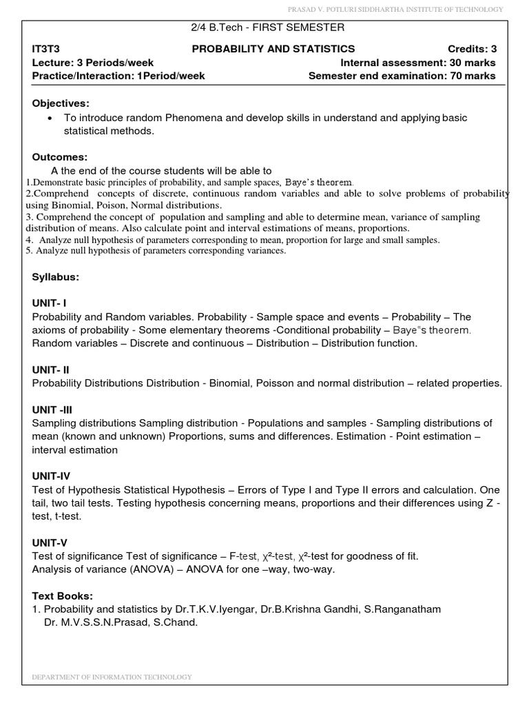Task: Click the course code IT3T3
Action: click(x=46, y=49)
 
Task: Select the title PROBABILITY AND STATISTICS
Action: click(x=273, y=49)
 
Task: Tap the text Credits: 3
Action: click(x=471, y=49)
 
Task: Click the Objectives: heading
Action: click(x=61, y=103)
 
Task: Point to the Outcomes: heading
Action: click(x=60, y=158)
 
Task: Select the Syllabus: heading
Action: click(x=56, y=277)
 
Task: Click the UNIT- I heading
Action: click(x=49, y=303)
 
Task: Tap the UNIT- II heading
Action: click(x=50, y=370)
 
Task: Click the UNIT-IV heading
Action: click(x=51, y=476)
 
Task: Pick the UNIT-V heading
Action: click(x=50, y=543)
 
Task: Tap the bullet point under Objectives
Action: click(x=50, y=118)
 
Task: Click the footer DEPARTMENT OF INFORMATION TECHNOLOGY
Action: click(x=112, y=677)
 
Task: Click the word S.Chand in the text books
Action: click(x=178, y=623)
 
